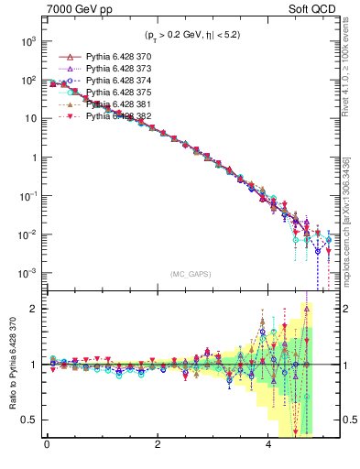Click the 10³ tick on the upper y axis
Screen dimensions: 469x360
(x=27, y=42)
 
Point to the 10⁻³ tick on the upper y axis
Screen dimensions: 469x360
(x=27, y=274)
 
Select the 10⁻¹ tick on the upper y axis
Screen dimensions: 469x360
(x=27, y=197)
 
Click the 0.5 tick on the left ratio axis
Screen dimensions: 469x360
(x=28, y=420)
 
